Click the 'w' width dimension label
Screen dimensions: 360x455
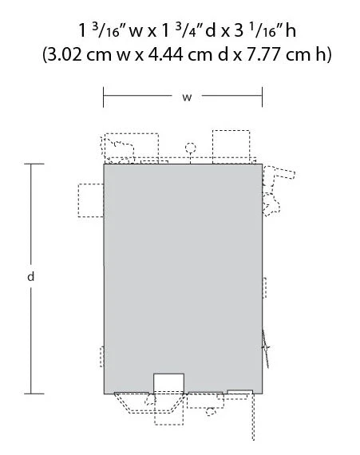187,97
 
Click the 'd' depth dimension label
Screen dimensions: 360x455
31,276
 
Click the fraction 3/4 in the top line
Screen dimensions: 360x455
182,30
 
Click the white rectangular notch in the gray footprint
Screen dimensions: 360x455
168,384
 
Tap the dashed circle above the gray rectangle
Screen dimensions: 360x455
191,148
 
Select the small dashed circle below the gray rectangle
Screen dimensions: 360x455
211,411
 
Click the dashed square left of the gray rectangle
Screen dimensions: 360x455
91,200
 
